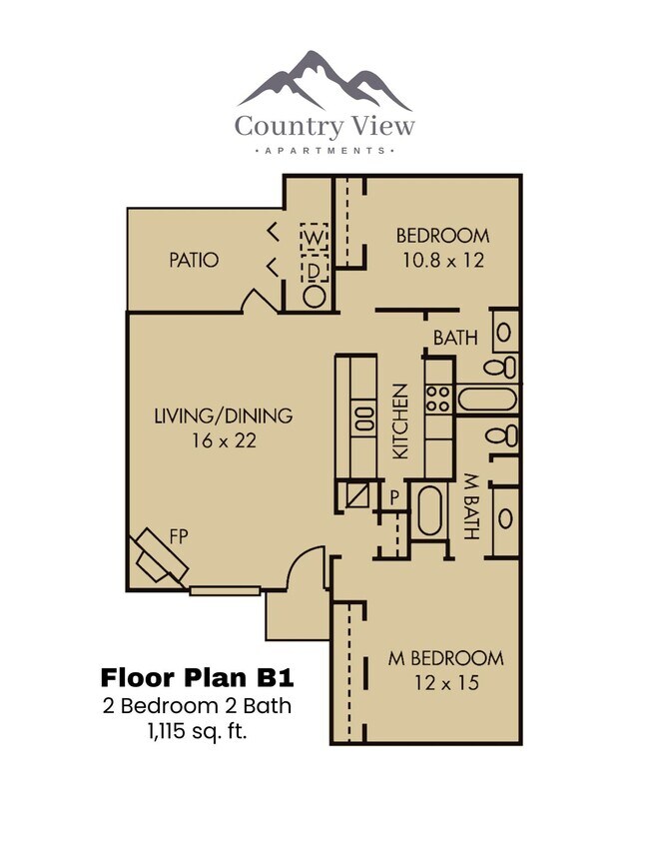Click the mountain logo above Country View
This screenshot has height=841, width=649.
coord(324,80)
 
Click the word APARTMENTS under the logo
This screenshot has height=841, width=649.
coord(324,151)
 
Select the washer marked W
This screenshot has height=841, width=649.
coord(315,238)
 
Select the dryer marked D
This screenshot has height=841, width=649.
coord(315,270)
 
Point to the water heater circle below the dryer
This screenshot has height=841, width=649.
coord(315,297)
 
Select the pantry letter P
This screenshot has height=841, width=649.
coord(393,495)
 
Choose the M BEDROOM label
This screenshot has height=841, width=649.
coord(445,658)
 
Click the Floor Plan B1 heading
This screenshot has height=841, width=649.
coord(197,677)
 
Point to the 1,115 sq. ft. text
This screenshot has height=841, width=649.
coord(197,732)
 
